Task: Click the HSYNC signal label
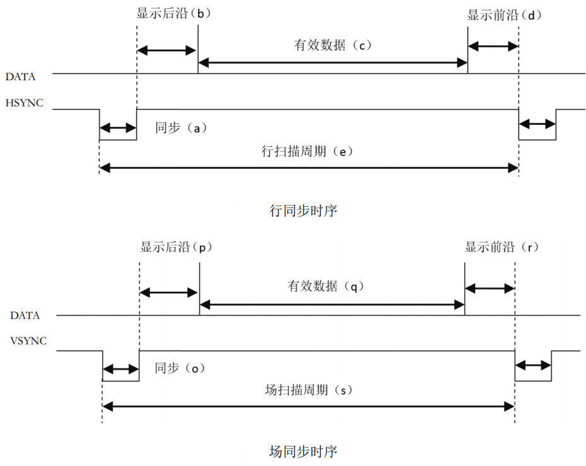(25, 103)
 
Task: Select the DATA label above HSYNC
(20, 77)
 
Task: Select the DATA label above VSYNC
(25, 315)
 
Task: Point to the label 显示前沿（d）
(504, 15)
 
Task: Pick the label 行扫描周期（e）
(307, 152)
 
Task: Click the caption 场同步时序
(303, 451)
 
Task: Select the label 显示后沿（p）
(176, 247)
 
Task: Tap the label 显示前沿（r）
(502, 247)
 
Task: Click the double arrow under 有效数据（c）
(333, 62)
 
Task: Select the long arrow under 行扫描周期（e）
(309, 168)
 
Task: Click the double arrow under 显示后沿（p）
(169, 293)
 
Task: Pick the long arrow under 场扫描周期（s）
(309, 407)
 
